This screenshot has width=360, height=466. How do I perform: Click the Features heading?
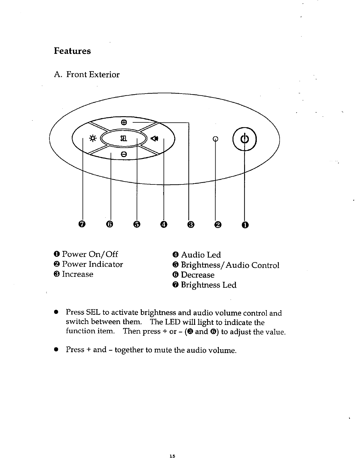[x=72, y=51]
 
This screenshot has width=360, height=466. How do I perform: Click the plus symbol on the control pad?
[x=124, y=122]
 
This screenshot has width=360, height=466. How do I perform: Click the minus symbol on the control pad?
[x=124, y=154]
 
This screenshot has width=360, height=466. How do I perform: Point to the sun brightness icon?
[x=92, y=139]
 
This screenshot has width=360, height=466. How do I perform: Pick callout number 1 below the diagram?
[x=245, y=225]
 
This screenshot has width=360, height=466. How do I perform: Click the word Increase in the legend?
[x=78, y=274]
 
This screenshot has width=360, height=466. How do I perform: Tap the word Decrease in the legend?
[x=197, y=275]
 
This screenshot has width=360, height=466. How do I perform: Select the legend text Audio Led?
[x=201, y=255]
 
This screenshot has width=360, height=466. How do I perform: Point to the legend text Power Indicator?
[x=92, y=264]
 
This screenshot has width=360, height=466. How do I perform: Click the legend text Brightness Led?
[x=208, y=285]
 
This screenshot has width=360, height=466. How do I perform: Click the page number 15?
[x=172, y=456]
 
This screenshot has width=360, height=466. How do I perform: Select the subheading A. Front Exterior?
[x=87, y=74]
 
